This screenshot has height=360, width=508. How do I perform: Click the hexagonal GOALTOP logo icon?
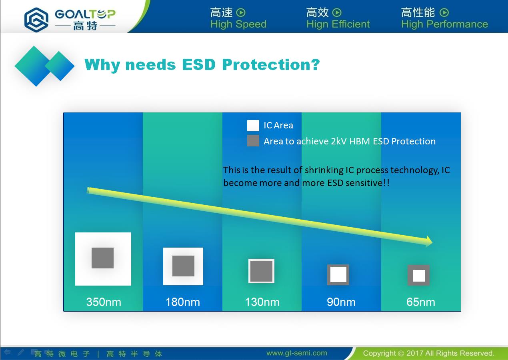click(36, 20)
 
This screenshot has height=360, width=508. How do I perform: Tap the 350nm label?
click(104, 302)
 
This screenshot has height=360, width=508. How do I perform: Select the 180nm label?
click(182, 302)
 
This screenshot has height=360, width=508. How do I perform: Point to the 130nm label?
click(262, 302)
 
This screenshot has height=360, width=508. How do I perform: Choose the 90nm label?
click(341, 302)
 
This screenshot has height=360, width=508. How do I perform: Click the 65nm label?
click(421, 302)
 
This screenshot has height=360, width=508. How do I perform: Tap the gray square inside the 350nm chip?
click(102, 258)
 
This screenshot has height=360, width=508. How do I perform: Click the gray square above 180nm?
click(183, 266)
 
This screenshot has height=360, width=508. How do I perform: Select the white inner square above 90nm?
click(338, 274)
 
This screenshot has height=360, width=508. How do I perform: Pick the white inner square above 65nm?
click(419, 276)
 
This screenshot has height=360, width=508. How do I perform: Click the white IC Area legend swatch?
click(253, 126)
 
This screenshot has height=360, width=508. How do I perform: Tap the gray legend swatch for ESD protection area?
click(253, 141)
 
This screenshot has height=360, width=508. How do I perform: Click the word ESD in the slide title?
click(199, 65)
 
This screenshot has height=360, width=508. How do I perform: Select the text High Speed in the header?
click(238, 24)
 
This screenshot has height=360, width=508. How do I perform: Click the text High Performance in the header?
click(444, 24)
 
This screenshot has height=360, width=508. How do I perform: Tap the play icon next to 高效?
click(337, 12)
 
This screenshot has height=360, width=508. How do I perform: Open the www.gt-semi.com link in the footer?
click(297, 353)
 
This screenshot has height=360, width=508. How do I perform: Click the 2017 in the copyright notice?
click(414, 353)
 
